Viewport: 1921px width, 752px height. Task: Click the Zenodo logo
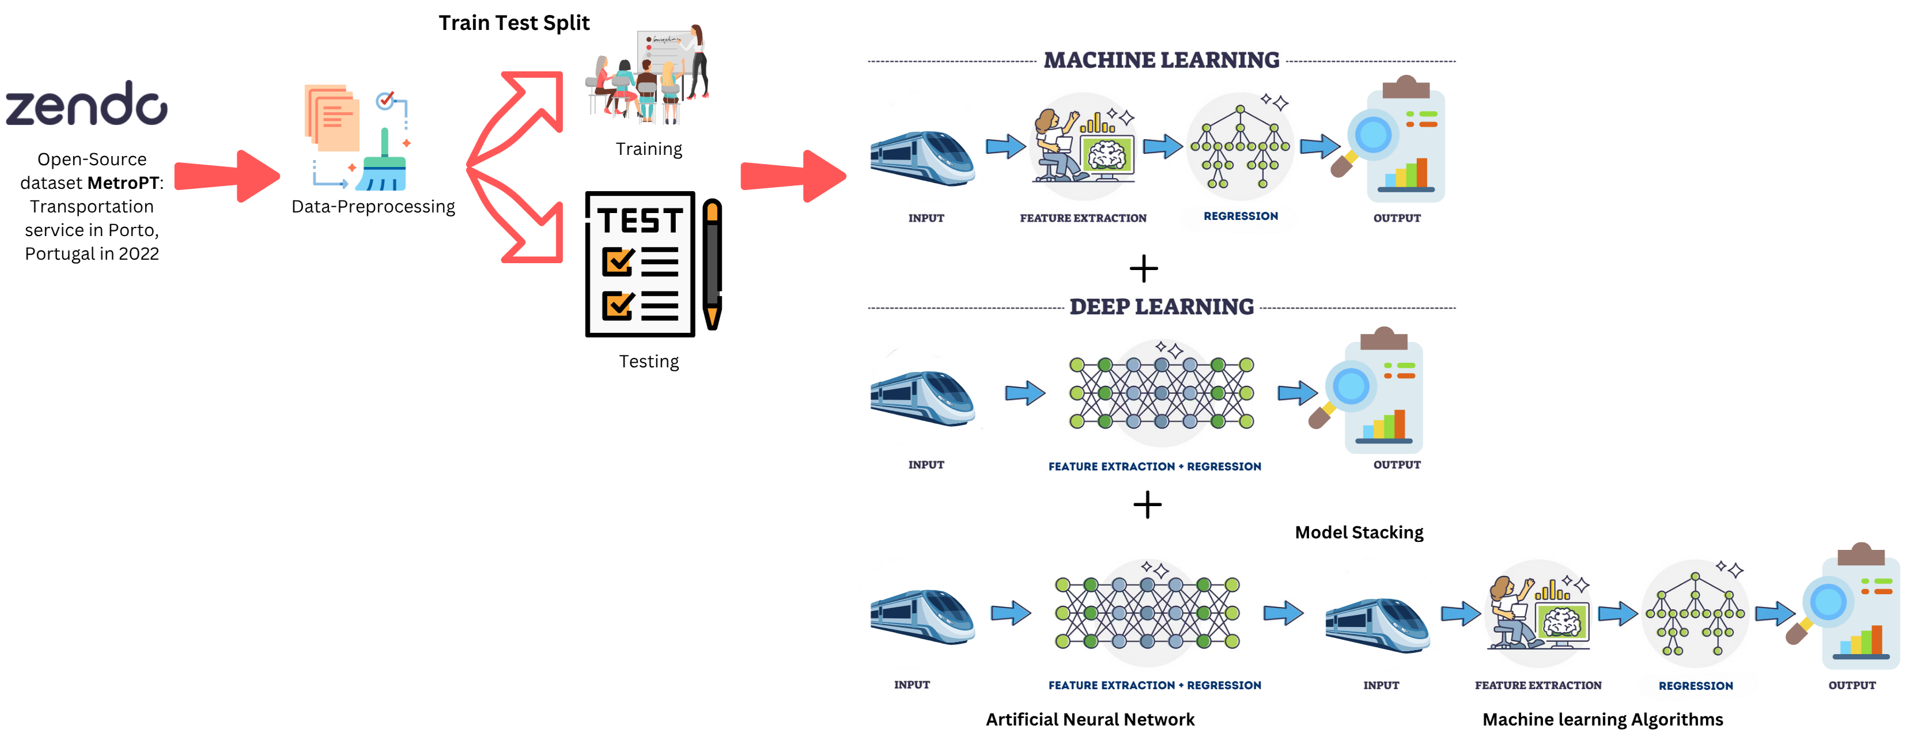tap(86, 104)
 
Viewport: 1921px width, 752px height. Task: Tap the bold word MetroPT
tap(123, 183)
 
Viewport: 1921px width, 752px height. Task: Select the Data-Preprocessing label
tap(373, 207)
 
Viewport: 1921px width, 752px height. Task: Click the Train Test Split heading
tap(514, 23)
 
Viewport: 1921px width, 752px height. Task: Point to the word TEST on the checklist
tap(640, 221)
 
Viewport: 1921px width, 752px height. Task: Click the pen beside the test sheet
tap(712, 264)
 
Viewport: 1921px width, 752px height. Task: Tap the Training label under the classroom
tap(649, 149)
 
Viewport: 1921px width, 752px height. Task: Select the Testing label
tap(649, 362)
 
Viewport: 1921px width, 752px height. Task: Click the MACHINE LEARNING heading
tap(1161, 60)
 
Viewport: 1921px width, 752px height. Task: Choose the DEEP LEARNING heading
tap(1161, 307)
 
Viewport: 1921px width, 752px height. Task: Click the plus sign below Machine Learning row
tap(1143, 269)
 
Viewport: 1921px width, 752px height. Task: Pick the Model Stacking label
tap(1359, 532)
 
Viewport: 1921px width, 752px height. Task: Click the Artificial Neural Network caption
tap(1090, 719)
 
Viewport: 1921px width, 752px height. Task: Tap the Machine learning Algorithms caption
tap(1602, 719)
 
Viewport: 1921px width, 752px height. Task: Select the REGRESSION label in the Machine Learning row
tap(1240, 216)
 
